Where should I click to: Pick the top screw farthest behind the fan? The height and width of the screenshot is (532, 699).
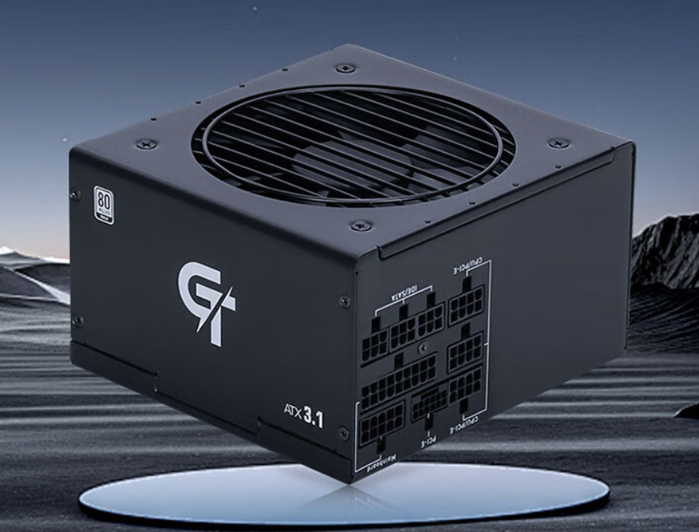(345, 68)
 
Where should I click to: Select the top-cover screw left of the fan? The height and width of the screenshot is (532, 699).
(147, 144)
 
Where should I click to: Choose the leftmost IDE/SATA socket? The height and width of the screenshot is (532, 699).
(375, 342)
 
